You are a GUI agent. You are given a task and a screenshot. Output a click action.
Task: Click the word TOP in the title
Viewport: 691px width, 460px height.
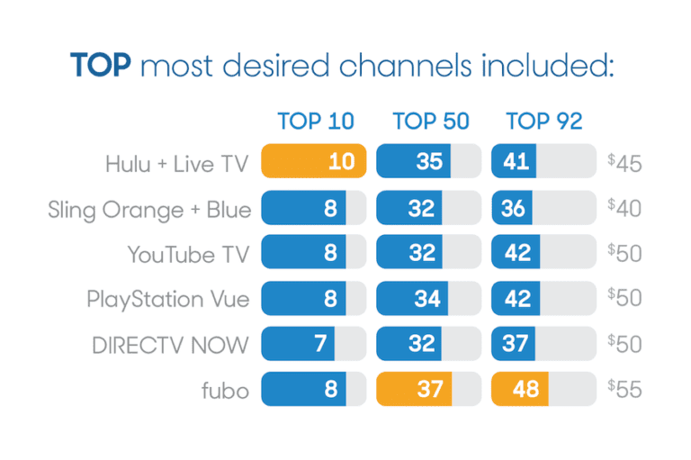101,66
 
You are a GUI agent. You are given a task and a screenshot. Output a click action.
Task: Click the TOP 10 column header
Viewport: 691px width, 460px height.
315,122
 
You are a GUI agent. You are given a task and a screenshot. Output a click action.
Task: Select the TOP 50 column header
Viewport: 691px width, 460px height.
430,122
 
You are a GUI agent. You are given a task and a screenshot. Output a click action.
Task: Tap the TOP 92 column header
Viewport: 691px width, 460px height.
544,122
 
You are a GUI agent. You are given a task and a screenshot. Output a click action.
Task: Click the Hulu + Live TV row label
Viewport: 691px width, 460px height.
178,164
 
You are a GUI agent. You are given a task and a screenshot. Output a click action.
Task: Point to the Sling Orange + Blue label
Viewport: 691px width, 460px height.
149,209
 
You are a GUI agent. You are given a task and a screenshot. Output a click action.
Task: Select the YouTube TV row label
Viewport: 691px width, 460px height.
188,254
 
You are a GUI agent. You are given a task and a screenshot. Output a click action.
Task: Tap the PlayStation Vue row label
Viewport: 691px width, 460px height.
167,299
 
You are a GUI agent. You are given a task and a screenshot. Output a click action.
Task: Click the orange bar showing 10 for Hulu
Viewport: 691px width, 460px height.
314,162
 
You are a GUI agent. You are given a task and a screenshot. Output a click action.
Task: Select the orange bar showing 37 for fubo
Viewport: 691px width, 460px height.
415,388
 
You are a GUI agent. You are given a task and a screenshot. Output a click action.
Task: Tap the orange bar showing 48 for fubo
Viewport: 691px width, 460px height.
521,388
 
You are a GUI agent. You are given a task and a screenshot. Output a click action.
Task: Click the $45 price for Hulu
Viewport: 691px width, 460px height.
624,164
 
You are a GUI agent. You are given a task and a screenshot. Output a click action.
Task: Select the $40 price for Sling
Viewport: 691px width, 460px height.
624,209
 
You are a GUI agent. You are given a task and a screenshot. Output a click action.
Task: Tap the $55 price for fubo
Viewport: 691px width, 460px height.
624,389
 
